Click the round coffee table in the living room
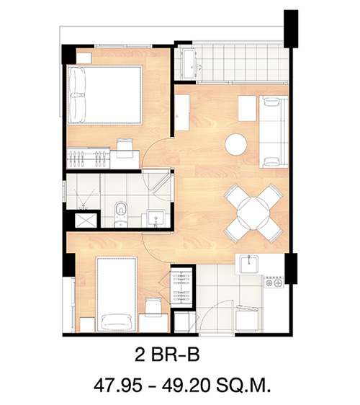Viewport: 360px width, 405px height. click(235, 144)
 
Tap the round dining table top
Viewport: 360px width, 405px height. click(253, 213)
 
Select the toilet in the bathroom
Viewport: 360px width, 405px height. click(121, 214)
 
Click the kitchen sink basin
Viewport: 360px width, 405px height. click(248, 264)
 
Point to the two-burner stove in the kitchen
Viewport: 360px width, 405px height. click(274, 282)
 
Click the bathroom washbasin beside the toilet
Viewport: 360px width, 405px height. click(156, 218)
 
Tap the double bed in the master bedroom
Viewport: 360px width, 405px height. click(104, 95)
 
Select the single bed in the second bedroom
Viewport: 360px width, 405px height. click(116, 294)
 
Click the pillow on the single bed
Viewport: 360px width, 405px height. click(116, 321)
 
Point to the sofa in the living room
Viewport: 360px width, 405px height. click(274, 132)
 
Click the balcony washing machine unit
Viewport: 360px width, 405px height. click(189, 63)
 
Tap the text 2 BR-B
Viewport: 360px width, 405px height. click(167, 355)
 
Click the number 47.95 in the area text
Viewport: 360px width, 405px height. click(118, 386)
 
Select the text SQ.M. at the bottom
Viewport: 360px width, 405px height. click(243, 386)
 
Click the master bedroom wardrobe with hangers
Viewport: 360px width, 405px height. click(89, 158)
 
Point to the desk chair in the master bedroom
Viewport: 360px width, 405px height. click(125, 148)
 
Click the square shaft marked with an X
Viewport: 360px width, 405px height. click(86, 221)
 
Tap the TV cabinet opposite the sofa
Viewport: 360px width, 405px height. click(182, 112)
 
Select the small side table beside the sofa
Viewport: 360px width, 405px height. click(247, 108)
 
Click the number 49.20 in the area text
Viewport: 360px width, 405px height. click(186, 386)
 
